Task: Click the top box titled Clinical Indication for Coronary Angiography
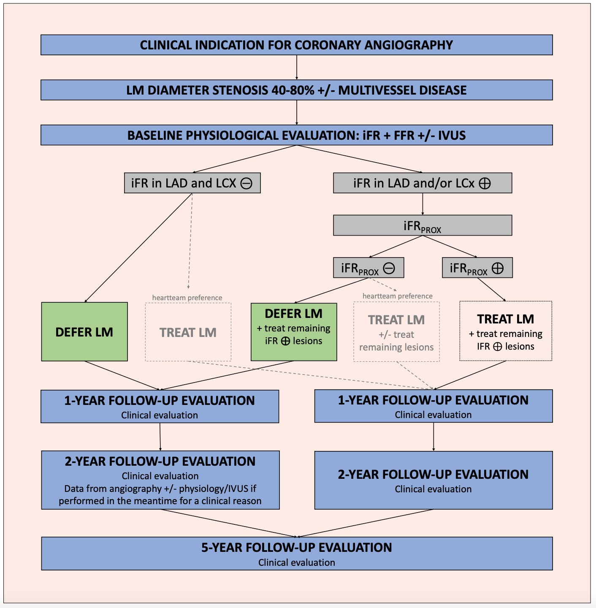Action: point(296,45)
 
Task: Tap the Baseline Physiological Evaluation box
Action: point(296,135)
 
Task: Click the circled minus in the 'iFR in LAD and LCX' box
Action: point(246,183)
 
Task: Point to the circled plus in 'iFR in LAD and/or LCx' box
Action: point(485,183)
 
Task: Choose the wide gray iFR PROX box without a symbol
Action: point(422,225)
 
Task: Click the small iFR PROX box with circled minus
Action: point(368,268)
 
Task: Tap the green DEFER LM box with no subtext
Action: point(84,332)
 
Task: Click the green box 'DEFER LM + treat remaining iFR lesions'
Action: point(294,332)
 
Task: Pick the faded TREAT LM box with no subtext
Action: point(188,332)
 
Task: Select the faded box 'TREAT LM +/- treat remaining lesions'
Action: point(396,332)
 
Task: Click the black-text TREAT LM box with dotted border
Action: point(505,331)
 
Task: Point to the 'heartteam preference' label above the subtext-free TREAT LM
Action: point(187,298)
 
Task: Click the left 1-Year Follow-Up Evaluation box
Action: point(160,407)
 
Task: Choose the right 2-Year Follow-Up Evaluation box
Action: point(433,480)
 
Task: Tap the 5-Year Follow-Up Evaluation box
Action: point(296,554)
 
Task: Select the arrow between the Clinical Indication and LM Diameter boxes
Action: point(297,68)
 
